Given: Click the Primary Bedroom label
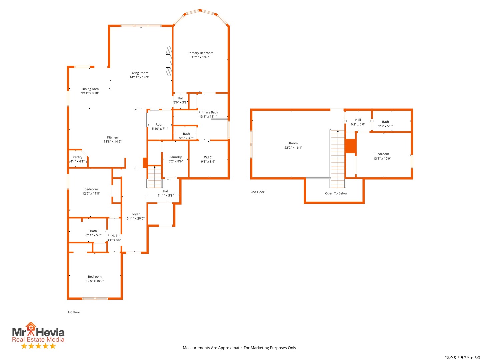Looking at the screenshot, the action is tap(200, 53).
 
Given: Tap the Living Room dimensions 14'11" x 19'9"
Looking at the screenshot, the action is tap(139, 77).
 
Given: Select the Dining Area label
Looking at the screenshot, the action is tap(90, 89).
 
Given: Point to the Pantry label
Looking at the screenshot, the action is tap(77, 157).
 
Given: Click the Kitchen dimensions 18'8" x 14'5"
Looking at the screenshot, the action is tap(112, 141).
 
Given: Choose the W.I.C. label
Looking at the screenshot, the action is tap(208, 157).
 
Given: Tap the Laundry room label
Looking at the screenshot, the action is tap(176, 157).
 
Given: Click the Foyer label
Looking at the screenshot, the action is tap(136, 214).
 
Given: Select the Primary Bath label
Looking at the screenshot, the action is tap(208, 112).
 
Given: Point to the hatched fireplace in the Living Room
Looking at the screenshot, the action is tap(169, 61).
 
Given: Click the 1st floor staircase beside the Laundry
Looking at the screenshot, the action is tap(155, 177).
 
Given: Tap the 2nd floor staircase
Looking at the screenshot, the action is tap(337, 159).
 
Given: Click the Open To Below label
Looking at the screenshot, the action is tap(336, 193).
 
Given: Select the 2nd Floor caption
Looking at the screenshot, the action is tap(257, 192).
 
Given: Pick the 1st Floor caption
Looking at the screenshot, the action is tap(74, 312).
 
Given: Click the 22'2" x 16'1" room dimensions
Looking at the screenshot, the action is tap(293, 148).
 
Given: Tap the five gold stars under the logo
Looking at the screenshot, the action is tap(38, 346).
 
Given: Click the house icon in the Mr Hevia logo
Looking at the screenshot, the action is tap(31, 327).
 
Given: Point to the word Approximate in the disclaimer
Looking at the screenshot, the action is tap(230, 348).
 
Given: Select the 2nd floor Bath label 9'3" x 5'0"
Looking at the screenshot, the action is tap(385, 124).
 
